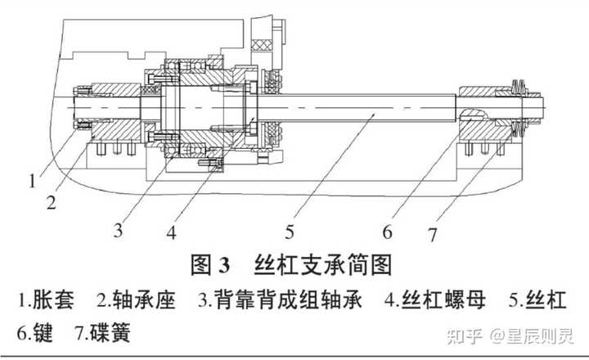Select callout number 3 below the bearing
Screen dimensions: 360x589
pos(119,230)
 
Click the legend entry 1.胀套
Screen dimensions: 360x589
pos(46,300)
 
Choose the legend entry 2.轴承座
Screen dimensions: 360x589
pos(137,300)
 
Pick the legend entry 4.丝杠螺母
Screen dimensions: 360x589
pos(436,300)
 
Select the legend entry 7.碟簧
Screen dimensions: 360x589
pos(103,334)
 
